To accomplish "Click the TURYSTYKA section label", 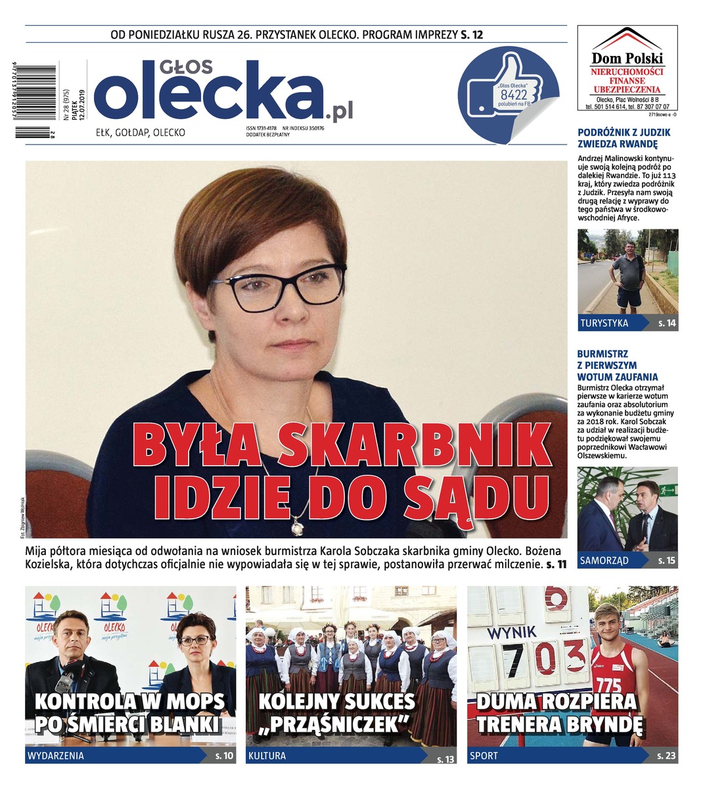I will pyautogui.click(x=604, y=323).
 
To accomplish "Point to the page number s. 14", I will pyautogui.click(x=667, y=323).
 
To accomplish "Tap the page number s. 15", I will pyautogui.click(x=667, y=561).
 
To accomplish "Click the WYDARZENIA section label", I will pyautogui.click(x=55, y=755).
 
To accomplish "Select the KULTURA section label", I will pyautogui.click(x=267, y=755).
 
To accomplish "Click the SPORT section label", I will pyautogui.click(x=484, y=755).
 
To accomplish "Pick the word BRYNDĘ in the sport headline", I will pyautogui.click(x=600, y=724).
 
